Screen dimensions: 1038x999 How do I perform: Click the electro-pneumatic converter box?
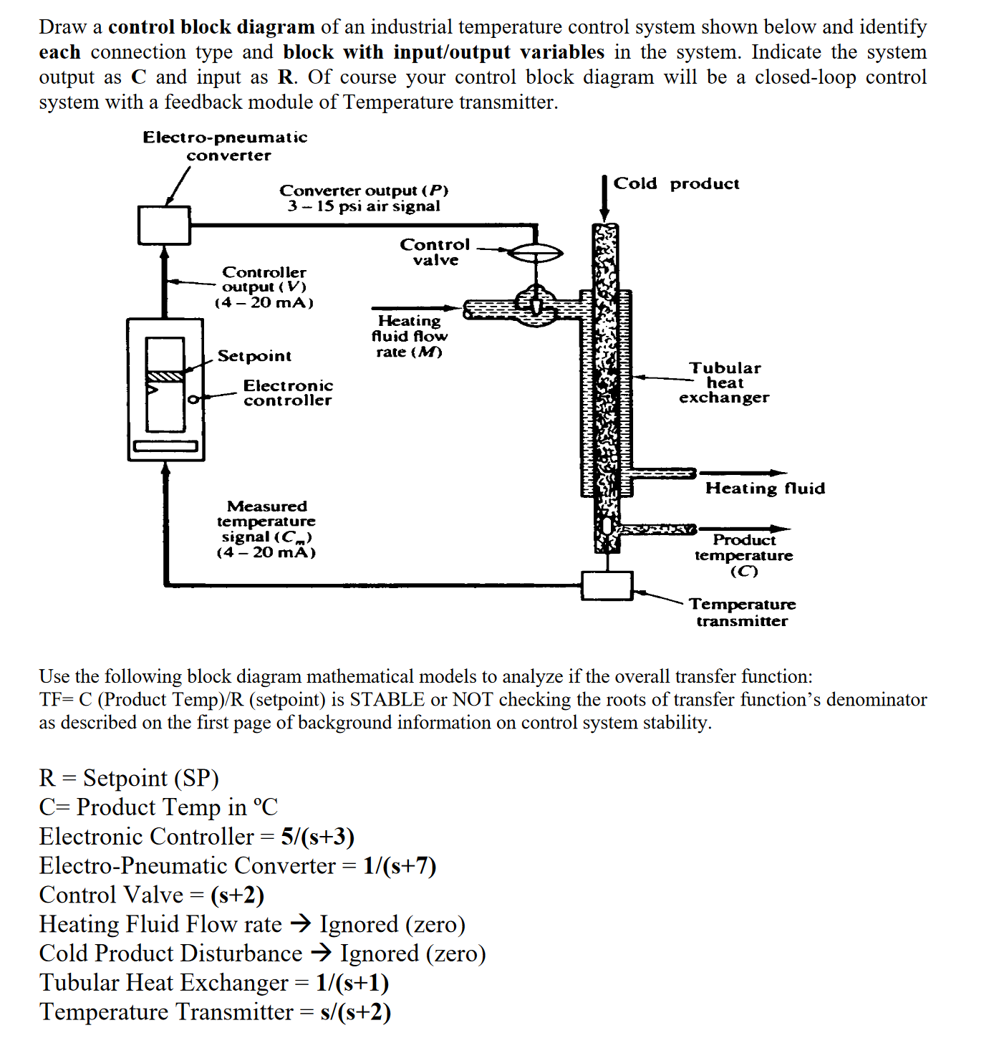tap(164, 225)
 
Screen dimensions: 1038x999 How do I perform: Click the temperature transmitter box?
tap(607, 585)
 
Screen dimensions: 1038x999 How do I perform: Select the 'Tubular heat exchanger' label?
tap(724, 383)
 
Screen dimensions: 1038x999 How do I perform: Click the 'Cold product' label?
tap(676, 184)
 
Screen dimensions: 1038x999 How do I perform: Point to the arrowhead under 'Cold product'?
tap(604, 214)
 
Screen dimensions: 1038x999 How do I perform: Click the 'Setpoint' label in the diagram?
tap(254, 356)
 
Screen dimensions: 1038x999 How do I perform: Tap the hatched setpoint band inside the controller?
tap(165, 376)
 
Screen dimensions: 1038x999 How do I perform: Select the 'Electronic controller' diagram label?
tap(288, 393)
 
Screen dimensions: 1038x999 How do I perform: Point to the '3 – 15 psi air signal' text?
tap(364, 206)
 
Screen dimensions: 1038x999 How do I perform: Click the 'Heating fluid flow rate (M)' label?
tap(409, 336)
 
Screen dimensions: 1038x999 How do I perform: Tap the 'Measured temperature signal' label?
tap(266, 529)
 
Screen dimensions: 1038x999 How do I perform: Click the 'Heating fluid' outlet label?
tap(765, 489)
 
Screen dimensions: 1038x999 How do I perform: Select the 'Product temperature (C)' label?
tap(744, 555)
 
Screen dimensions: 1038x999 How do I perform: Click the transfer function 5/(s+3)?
tap(317, 837)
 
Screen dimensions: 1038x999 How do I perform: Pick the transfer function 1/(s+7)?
tap(399, 866)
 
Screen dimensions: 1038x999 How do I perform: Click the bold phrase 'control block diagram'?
tap(211, 27)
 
